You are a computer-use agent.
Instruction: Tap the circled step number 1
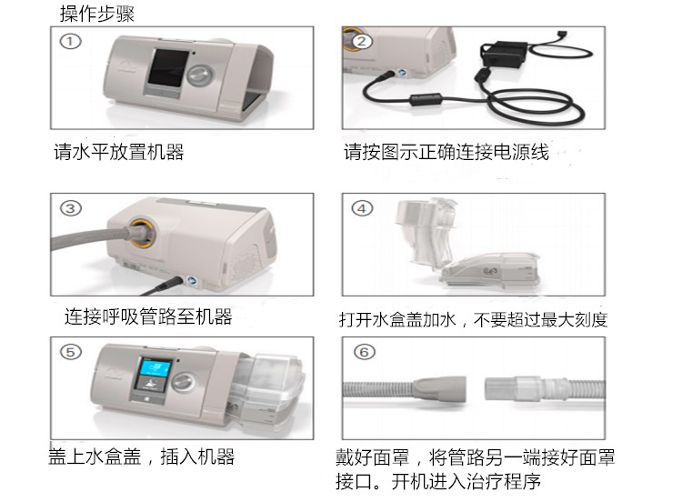pos(70,41)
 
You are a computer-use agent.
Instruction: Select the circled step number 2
pos(362,41)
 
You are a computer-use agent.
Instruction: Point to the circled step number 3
pos(70,207)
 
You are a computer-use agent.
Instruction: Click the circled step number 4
pos(362,208)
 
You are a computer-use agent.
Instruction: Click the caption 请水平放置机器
pos(118,152)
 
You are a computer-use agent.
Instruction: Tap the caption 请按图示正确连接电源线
pos(446,152)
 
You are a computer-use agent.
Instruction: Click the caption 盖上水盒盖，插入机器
pos(141,457)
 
